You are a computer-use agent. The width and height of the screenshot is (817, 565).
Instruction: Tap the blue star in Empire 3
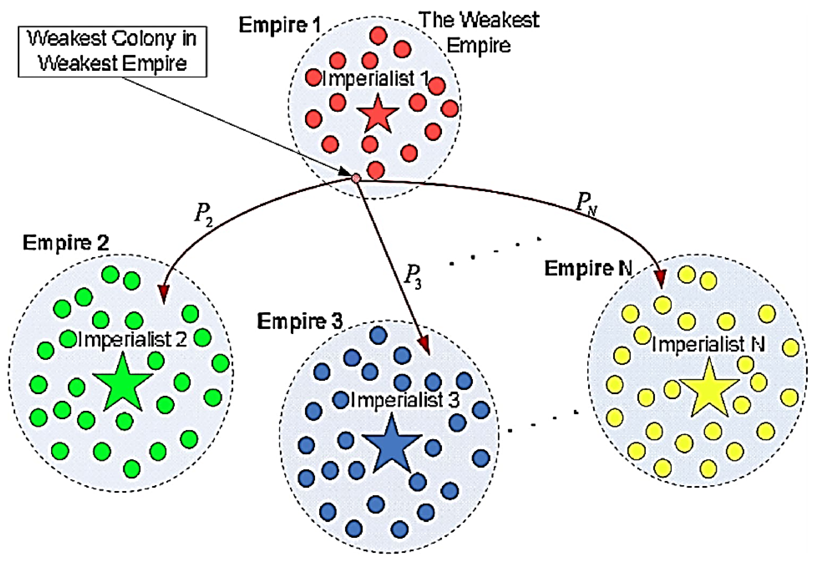pos(391,446)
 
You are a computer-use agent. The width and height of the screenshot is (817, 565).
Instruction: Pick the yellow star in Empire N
pos(709,390)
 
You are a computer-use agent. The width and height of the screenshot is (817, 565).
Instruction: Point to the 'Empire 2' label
pos(66,243)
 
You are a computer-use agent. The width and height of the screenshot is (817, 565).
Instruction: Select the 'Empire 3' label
pos(300,321)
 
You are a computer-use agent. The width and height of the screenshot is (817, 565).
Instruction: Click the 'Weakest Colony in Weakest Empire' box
pos(113,52)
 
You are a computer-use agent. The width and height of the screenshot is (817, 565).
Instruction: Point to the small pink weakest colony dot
pos(356,178)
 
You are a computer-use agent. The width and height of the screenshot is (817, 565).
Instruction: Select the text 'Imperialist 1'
pos(375,79)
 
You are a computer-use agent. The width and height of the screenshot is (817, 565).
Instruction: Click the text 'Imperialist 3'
pos(405,400)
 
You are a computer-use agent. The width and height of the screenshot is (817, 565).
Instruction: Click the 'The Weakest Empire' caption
pos(479,32)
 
